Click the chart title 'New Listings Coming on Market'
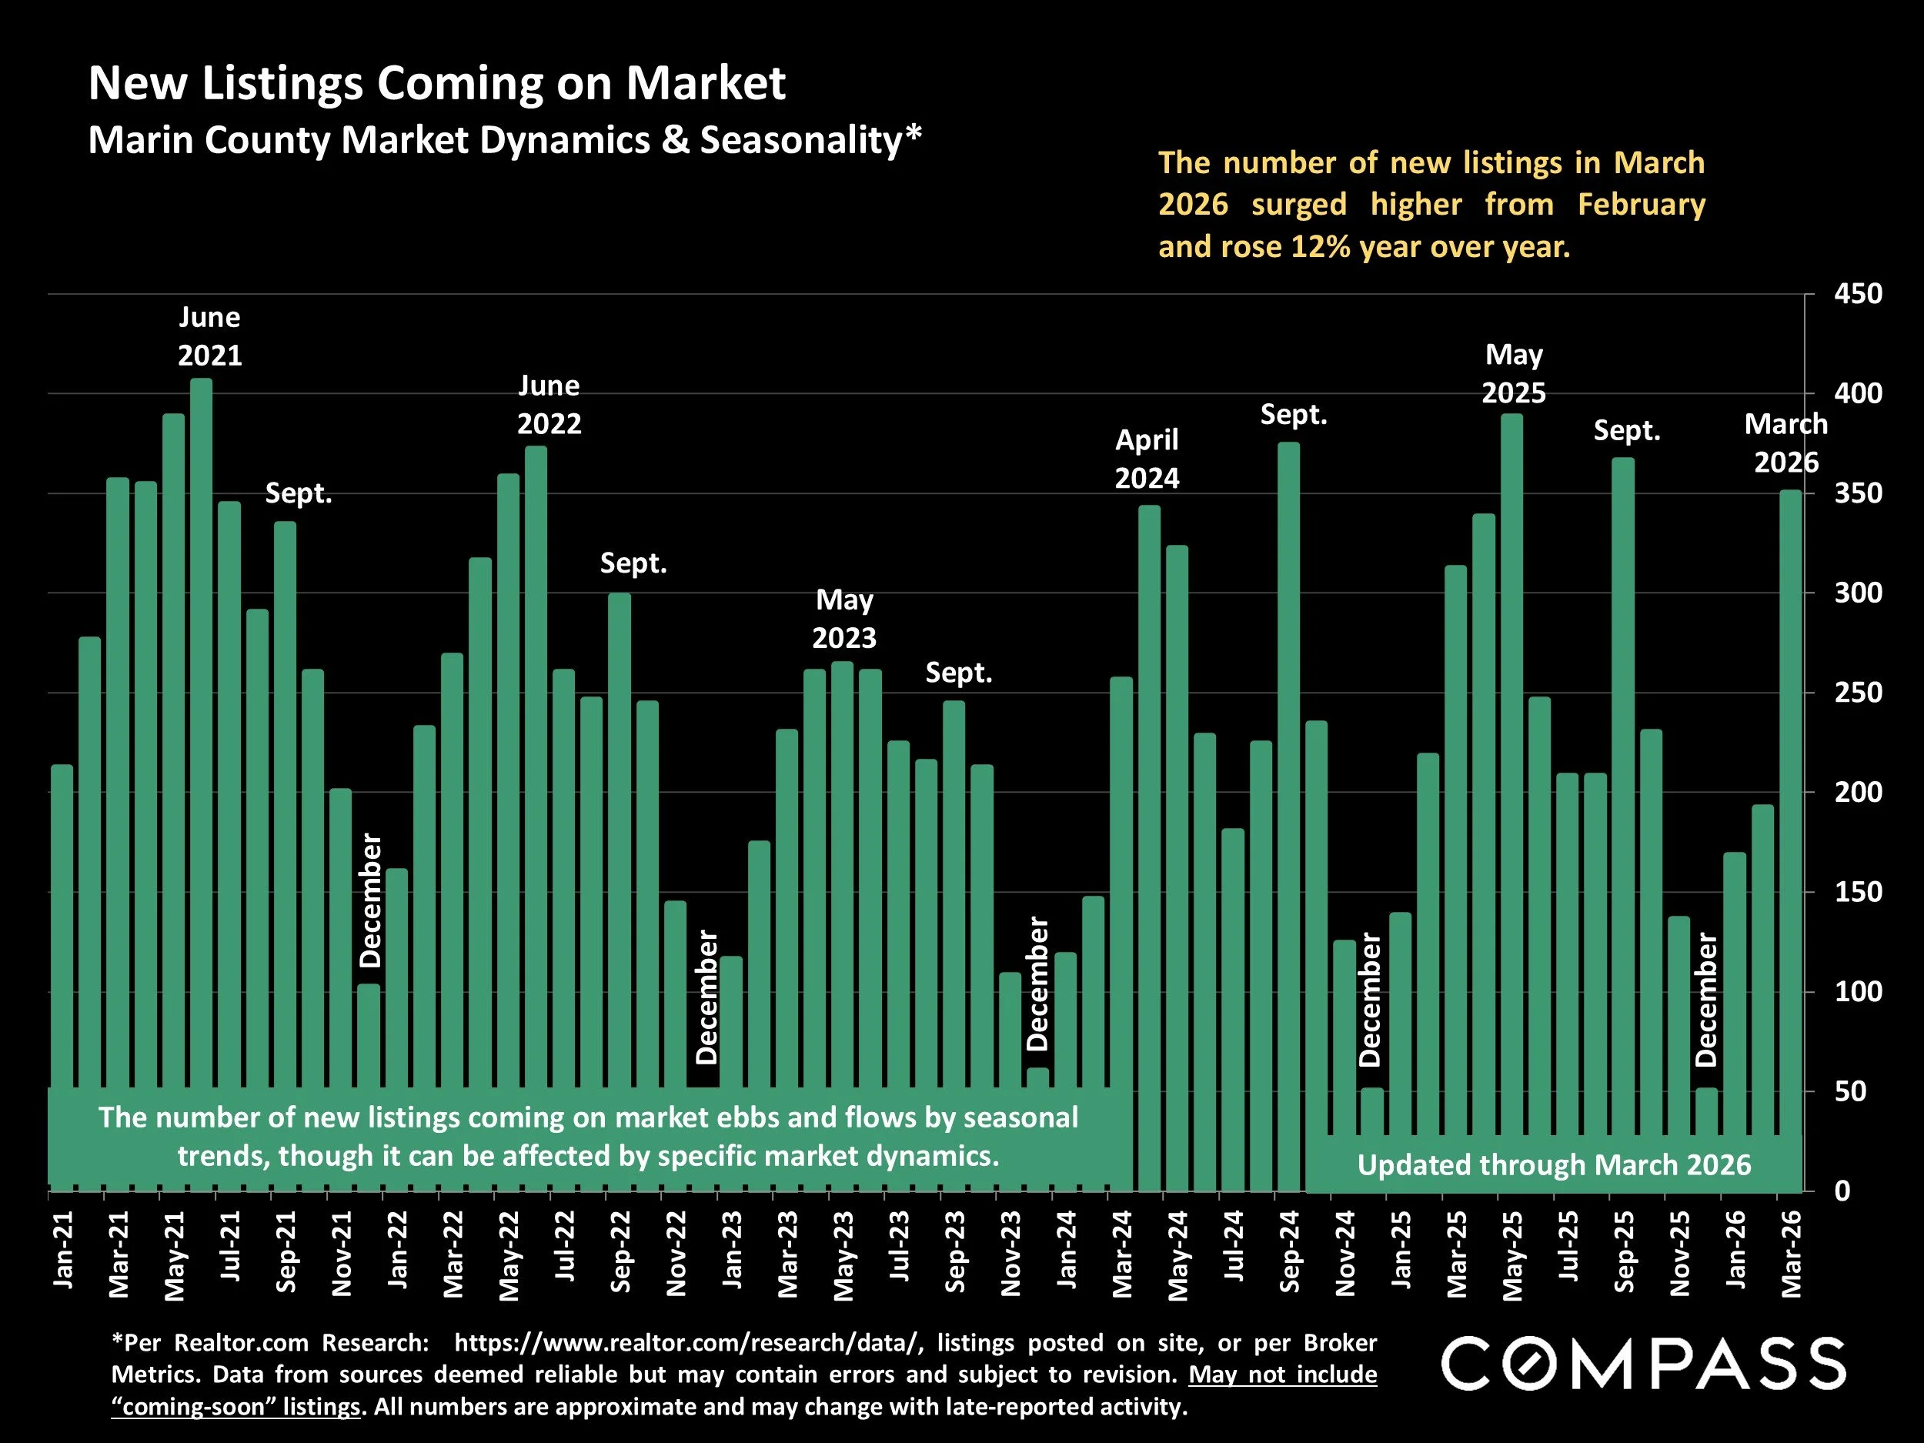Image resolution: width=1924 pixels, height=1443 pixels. point(436,83)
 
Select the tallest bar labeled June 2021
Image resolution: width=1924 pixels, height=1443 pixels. point(201,696)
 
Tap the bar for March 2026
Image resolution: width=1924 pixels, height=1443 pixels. point(1790,783)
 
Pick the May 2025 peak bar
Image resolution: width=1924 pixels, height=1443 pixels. point(1511,740)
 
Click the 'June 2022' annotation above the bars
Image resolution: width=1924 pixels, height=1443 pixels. point(549,405)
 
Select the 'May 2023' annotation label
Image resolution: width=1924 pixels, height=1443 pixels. point(843,619)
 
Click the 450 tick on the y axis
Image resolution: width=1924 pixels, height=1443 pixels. point(1858,294)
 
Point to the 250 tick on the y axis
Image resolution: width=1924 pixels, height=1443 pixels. point(1858,693)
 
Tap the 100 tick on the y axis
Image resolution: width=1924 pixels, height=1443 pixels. point(1858,991)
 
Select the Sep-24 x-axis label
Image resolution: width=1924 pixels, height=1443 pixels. point(1289,1251)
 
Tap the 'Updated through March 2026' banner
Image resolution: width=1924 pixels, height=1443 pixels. point(1554,1164)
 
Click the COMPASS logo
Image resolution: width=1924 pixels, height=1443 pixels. point(1643,1365)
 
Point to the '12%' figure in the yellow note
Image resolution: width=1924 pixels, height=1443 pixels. point(1320,247)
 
